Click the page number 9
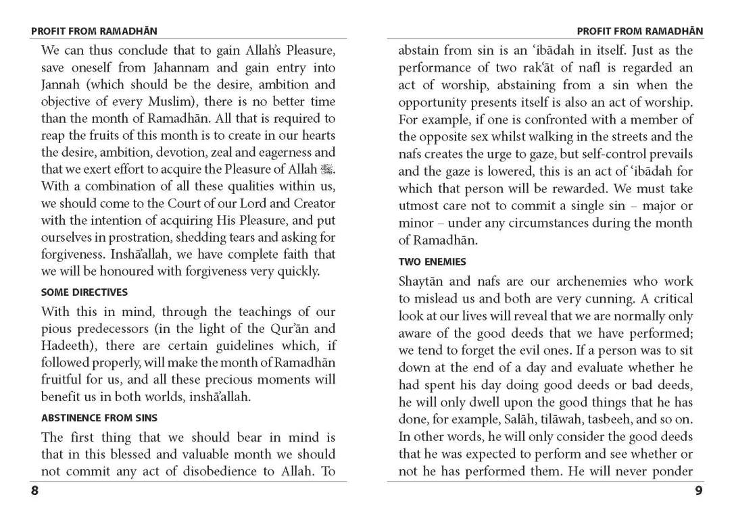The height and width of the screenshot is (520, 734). (698, 491)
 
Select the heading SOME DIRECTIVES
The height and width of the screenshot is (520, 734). (84, 292)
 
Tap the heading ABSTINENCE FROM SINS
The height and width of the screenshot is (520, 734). (99, 418)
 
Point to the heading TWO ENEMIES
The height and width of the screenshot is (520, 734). (433, 261)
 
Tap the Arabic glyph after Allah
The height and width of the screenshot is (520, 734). (328, 170)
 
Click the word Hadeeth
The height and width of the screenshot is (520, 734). (66, 346)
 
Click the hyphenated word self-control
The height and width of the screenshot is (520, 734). (591, 155)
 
